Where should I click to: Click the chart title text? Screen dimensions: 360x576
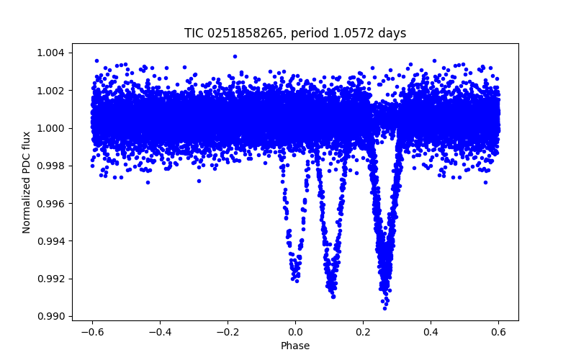(295, 33)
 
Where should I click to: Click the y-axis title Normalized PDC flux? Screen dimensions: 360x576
(27, 182)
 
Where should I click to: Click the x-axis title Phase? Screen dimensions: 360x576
(295, 346)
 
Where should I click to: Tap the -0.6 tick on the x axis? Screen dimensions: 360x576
(91, 332)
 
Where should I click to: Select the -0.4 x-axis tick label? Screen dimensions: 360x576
(159, 332)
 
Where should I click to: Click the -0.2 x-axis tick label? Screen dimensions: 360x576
(227, 332)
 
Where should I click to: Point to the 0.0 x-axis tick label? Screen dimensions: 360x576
(295, 332)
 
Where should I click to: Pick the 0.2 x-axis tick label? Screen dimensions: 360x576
(363, 332)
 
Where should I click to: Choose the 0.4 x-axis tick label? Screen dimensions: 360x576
(431, 332)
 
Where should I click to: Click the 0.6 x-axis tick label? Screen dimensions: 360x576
(498, 332)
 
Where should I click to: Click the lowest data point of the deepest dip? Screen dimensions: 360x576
(385, 307)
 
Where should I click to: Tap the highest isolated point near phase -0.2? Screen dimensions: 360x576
(235, 56)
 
